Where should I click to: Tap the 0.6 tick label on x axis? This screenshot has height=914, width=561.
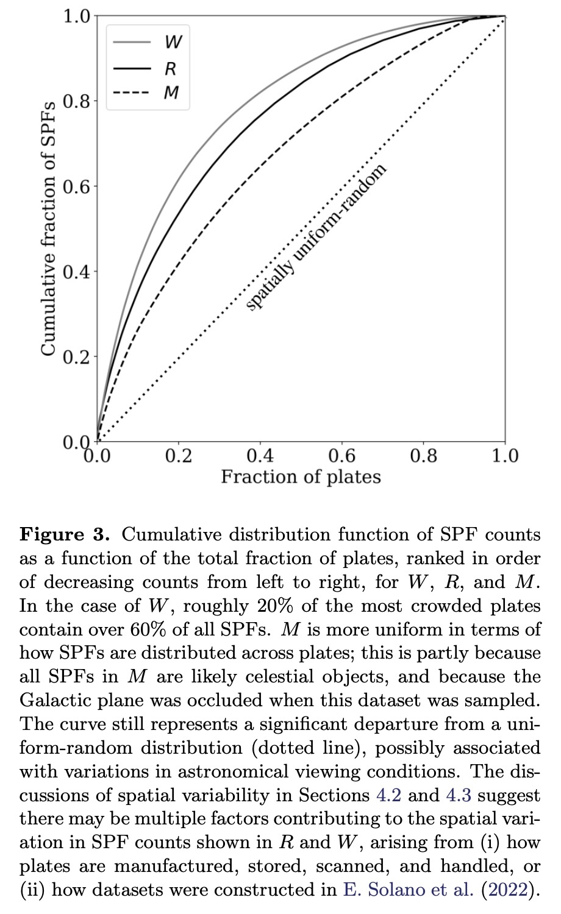(x=342, y=456)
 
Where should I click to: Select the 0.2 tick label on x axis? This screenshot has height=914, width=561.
(x=179, y=456)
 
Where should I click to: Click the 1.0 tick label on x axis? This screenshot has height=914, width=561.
(x=505, y=456)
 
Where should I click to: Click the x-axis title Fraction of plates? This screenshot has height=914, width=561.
(x=301, y=476)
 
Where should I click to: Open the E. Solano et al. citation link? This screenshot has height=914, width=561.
(x=408, y=890)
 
